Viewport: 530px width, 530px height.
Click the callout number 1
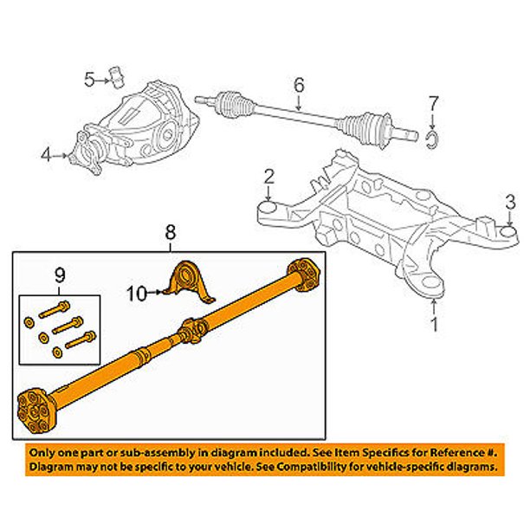[x=434, y=326]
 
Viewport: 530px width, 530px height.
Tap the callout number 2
[x=269, y=177]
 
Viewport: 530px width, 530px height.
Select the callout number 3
[x=511, y=204]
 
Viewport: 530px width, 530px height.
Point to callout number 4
[x=45, y=155]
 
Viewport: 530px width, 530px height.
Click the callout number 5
[x=89, y=81]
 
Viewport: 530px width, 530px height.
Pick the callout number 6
[x=299, y=85]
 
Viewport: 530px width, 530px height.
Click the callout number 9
[x=60, y=275]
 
